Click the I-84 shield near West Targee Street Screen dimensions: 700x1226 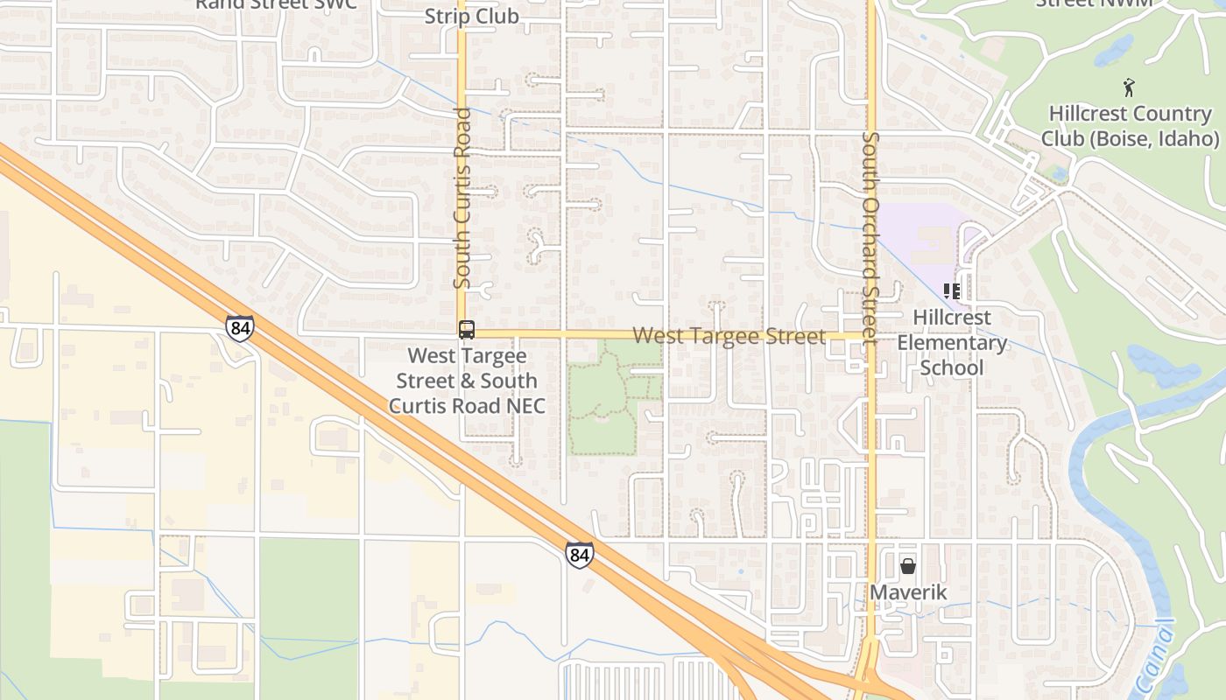pos(239,327)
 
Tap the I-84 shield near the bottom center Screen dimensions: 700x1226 pos(578,555)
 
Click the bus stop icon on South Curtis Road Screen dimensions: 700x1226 pos(467,330)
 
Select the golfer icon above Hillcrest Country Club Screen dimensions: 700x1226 pos(1129,87)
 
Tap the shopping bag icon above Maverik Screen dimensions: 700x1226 pos(908,566)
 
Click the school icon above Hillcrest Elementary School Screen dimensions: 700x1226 pos(952,291)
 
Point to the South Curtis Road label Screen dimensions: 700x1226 pos(462,199)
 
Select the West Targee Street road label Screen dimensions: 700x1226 pos(729,336)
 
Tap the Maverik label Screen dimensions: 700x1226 pos(908,592)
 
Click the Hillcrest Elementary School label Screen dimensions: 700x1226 pos(952,342)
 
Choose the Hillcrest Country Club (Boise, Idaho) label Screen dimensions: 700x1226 pos(1130,126)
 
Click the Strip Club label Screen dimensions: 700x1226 pos(471,16)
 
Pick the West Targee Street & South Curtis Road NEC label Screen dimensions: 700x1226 pos(467,381)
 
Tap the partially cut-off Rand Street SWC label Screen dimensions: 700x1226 pos(276,4)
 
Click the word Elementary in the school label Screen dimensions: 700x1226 pos(952,342)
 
